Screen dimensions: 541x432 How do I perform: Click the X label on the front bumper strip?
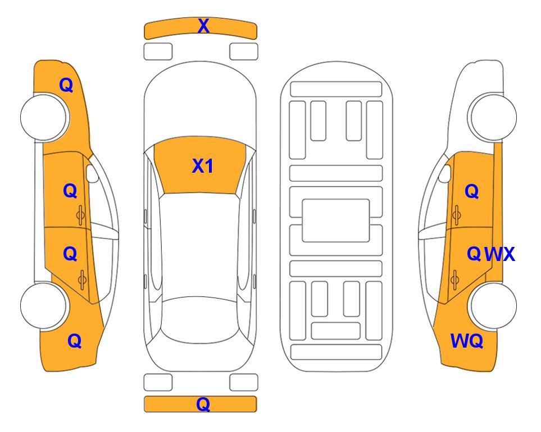pos(203,26)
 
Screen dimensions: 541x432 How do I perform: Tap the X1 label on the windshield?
pos(203,166)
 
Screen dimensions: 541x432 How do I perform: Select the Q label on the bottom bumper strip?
pos(203,404)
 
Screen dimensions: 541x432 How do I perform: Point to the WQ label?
pos(467,341)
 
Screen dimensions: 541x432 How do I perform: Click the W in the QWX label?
pos(493,254)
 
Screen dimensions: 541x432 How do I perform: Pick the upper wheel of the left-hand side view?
pos(44,117)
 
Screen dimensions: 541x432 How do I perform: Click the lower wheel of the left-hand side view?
pos(44,305)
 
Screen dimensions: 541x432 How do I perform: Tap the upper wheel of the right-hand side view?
pos(493,117)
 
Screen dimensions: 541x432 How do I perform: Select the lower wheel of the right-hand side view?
pos(493,305)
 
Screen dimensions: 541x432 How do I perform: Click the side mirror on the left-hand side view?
pos(92,173)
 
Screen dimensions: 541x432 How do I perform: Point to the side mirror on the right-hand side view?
pos(445,173)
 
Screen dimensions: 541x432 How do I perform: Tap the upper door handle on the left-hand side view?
pos(81,215)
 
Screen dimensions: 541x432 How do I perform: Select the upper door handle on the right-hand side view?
pos(456,215)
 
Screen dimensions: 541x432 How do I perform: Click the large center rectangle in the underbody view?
pos(336,220)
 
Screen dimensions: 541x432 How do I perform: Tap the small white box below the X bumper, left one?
pos(158,52)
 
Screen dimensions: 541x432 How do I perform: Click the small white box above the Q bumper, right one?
pos(244,382)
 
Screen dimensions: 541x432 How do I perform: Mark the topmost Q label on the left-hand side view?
pos(66,85)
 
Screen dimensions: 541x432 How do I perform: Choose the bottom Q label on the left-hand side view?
pos(75,341)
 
